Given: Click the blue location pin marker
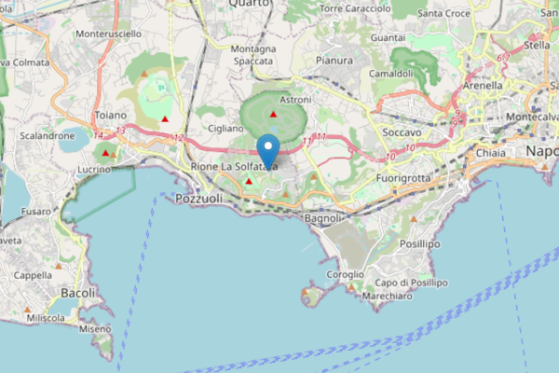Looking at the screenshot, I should (x=268, y=150).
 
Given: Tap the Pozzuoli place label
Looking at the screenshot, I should (x=200, y=200).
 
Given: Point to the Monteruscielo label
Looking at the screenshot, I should (x=107, y=34).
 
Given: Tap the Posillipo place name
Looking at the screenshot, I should (x=420, y=243).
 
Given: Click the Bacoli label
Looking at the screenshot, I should (x=77, y=293).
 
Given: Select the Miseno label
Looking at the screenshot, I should (x=95, y=328).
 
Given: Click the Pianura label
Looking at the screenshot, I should (x=334, y=61).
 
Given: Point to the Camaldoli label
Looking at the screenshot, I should (x=390, y=73).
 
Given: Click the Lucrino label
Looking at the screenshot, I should (x=94, y=169).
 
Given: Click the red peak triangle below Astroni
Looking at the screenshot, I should (x=274, y=114).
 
